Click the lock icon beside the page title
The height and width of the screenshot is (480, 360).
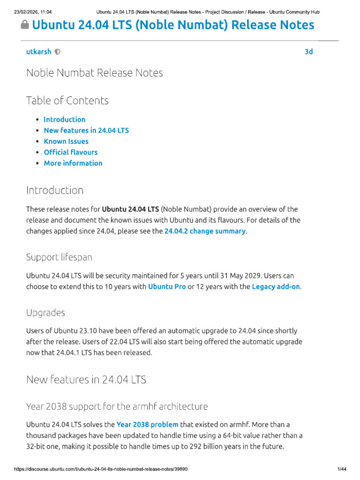point(25,26)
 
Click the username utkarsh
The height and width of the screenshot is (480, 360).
point(38,52)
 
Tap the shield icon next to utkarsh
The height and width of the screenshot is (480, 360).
point(57,52)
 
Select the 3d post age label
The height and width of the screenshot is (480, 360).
point(308,52)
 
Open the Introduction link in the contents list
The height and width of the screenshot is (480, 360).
point(65,120)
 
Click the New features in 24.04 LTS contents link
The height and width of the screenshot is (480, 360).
point(86,130)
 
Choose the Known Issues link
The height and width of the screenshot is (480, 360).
point(66,141)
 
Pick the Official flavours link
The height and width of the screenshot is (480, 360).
point(71,152)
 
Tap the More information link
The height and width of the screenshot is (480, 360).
point(73,163)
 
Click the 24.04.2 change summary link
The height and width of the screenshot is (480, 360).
point(205,231)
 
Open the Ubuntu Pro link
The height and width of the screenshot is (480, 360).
point(167,286)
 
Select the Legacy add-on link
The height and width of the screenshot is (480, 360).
point(276,286)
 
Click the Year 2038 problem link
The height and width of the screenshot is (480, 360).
point(147,424)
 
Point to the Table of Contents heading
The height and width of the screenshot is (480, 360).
point(67,100)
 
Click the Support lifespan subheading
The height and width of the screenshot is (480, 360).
point(59,257)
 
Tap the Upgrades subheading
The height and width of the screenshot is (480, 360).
point(45,313)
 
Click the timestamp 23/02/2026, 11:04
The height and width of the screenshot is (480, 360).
point(33,12)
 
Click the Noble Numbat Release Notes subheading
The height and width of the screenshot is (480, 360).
point(95,73)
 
